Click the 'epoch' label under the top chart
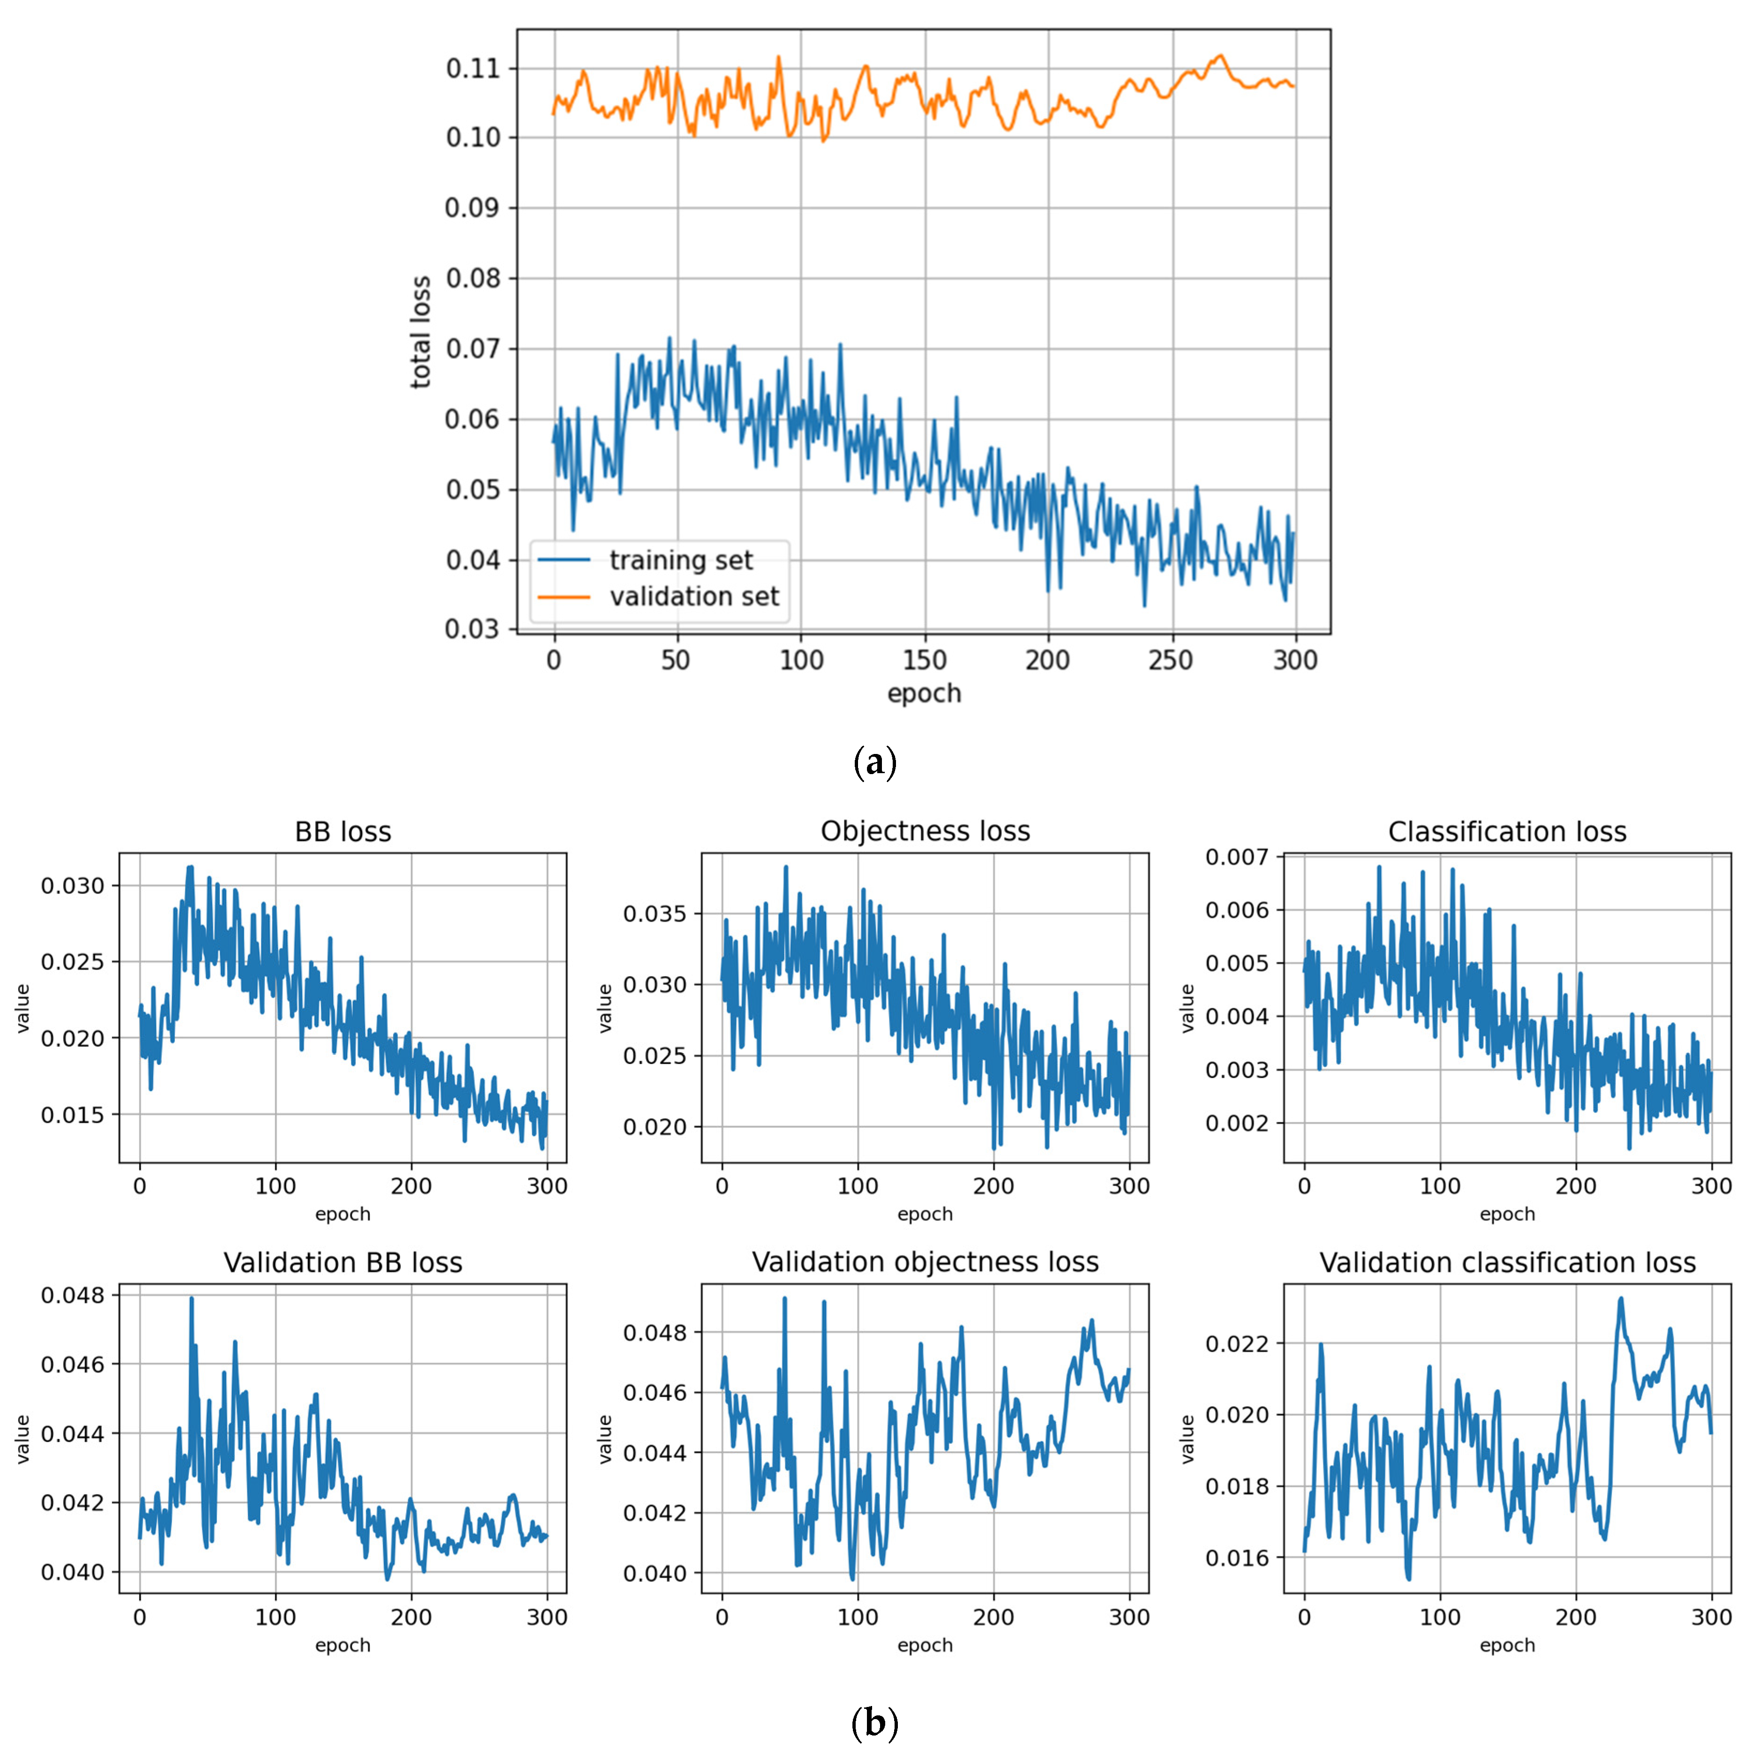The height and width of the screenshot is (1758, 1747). click(924, 694)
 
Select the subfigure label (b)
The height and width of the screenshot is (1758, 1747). click(875, 1723)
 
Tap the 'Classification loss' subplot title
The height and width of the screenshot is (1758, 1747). click(1507, 832)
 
